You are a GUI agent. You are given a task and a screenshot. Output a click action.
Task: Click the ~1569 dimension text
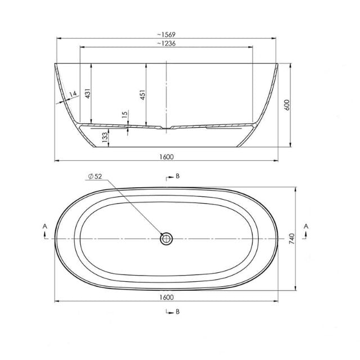(166, 34)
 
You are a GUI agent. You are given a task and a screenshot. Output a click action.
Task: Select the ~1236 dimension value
(166, 44)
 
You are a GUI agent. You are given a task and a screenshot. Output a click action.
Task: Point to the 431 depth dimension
(88, 93)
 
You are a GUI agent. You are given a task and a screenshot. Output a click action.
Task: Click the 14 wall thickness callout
(72, 94)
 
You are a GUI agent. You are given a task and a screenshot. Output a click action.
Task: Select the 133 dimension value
(105, 136)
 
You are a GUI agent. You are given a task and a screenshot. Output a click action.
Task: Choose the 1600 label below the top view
(166, 297)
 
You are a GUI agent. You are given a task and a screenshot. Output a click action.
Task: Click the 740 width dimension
(292, 239)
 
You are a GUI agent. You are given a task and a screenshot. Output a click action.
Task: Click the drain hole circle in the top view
(166, 239)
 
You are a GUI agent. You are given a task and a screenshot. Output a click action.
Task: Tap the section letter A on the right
(305, 226)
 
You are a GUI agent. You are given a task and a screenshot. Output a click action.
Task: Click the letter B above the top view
(177, 176)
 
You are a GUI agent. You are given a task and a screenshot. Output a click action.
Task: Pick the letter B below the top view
(177, 311)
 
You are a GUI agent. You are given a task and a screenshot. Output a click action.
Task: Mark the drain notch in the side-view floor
(166, 128)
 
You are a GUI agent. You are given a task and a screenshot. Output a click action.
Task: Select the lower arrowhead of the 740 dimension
(296, 288)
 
